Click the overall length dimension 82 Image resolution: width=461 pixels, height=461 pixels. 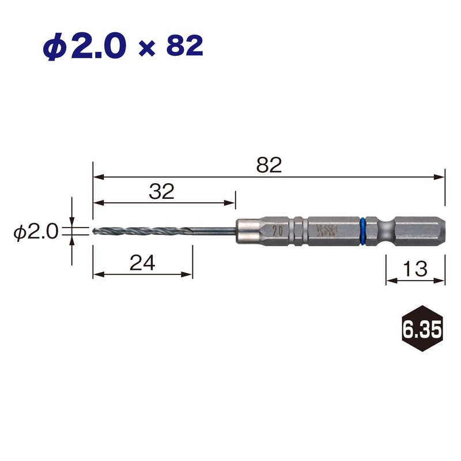coord(269,165)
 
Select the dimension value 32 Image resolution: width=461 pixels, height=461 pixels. coord(161,192)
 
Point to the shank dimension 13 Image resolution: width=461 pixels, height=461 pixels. coord(415,268)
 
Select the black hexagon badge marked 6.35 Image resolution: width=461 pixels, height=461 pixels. coord(422,330)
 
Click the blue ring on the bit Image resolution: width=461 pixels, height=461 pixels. coord(363,231)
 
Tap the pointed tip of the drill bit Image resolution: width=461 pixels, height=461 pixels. coord(93,232)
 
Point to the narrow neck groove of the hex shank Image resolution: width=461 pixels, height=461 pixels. coord(382,231)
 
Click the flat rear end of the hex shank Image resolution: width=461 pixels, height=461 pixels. coord(445,231)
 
